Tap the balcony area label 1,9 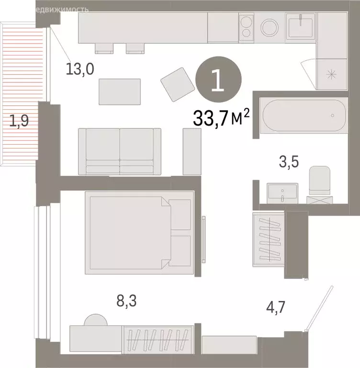[20, 121]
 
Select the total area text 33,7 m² [222, 117]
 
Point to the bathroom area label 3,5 [289, 161]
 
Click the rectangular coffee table [120, 92]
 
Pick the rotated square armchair [176, 83]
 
